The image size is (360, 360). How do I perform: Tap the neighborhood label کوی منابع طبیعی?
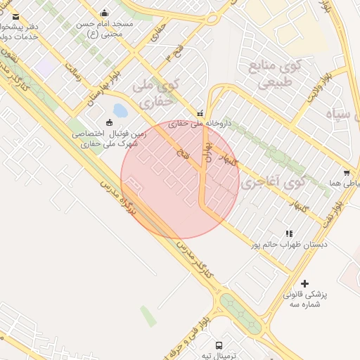coord(272,75)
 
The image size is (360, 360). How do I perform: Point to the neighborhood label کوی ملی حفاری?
coord(155,93)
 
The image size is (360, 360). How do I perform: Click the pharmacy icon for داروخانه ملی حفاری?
coord(201,112)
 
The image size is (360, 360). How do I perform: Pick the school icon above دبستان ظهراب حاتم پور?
coord(289,233)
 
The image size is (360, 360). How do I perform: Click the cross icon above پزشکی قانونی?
coord(304,283)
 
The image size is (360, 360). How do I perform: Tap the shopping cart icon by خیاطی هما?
coord(347,173)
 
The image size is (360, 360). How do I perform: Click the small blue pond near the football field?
coord(120,110)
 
